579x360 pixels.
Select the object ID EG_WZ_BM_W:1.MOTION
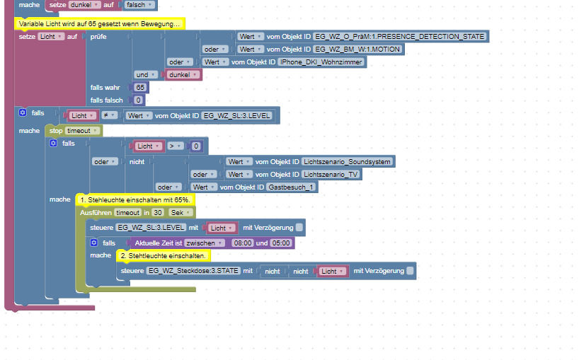(x=357, y=50)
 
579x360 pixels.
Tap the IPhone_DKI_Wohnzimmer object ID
(x=322, y=62)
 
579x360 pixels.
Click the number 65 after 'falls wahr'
(x=140, y=87)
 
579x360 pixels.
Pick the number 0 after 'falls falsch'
(x=138, y=100)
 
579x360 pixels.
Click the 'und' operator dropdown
(x=144, y=74)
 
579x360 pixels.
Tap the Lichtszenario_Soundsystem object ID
(x=347, y=161)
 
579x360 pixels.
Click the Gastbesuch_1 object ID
(x=292, y=187)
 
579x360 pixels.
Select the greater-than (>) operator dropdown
(x=175, y=146)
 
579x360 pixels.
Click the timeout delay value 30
(x=159, y=212)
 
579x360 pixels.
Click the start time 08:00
(x=242, y=243)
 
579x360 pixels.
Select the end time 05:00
(x=282, y=243)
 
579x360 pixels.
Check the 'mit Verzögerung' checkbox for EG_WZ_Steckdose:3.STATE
(x=411, y=271)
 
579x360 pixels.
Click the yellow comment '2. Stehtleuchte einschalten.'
(x=163, y=255)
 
